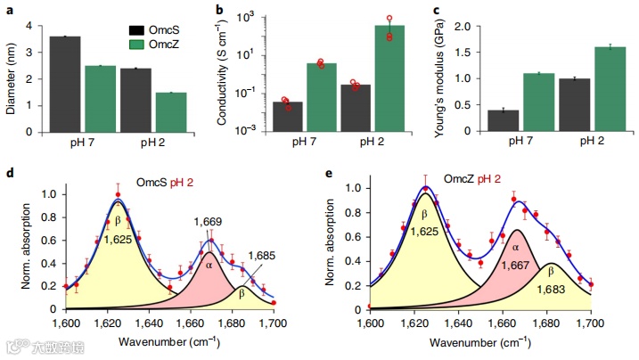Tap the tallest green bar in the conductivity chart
pyautogui.click(x=389, y=78)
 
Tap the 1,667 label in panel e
pyautogui.click(x=512, y=265)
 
